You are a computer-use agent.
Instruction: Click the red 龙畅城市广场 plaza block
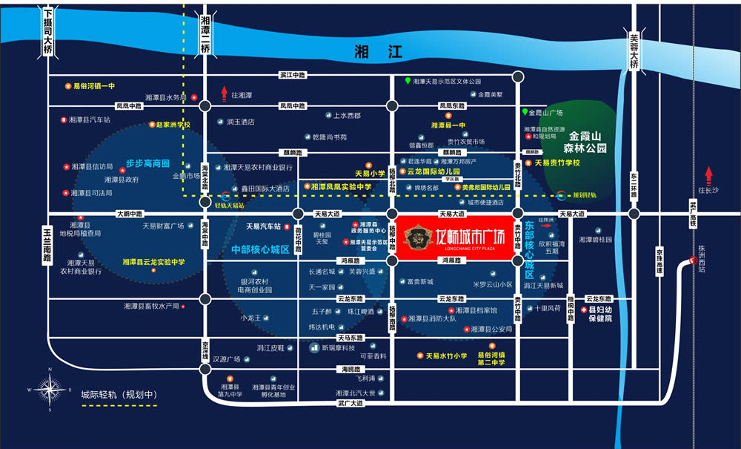(456, 237)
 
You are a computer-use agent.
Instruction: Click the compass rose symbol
(50, 389)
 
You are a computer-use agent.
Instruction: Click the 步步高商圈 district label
(147, 163)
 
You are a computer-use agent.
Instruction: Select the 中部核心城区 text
(259, 249)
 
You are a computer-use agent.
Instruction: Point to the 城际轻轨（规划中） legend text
(119, 394)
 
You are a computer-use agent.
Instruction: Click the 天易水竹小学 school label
(445, 355)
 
